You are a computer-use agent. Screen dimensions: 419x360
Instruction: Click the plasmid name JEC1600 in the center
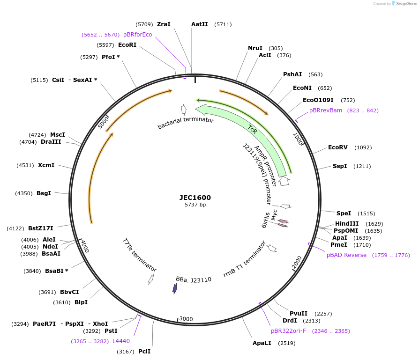[195, 198]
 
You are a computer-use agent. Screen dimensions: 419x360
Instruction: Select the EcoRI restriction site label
[127, 45]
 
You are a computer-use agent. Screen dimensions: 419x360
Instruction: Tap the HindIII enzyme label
[347, 224]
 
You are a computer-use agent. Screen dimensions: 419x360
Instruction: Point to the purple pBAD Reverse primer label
[346, 255]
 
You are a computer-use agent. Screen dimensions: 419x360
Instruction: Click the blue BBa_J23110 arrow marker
[175, 288]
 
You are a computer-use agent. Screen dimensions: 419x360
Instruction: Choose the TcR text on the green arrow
[253, 129]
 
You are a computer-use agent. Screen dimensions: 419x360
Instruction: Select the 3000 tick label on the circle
[186, 319]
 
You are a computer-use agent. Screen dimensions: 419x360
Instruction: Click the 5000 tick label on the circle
[103, 122]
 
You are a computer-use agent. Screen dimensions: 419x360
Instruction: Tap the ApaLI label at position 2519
[262, 343]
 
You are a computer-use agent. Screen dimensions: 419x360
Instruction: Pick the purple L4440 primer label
[121, 341]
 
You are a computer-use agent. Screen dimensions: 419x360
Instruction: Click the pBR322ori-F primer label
[288, 331]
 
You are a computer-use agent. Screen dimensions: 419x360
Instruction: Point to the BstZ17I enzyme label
[41, 228]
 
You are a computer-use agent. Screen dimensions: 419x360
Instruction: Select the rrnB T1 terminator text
[245, 259]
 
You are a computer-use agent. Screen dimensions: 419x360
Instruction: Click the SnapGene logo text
[406, 3]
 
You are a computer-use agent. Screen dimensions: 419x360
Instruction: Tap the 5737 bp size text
[195, 205]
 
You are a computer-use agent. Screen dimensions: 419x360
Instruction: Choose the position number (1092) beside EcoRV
[363, 147]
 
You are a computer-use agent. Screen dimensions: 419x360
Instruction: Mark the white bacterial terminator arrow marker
[184, 110]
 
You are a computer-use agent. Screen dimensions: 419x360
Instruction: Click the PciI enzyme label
[144, 352]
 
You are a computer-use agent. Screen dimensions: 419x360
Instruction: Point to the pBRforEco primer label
[138, 35]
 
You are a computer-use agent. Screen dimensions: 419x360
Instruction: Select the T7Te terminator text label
[140, 255]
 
